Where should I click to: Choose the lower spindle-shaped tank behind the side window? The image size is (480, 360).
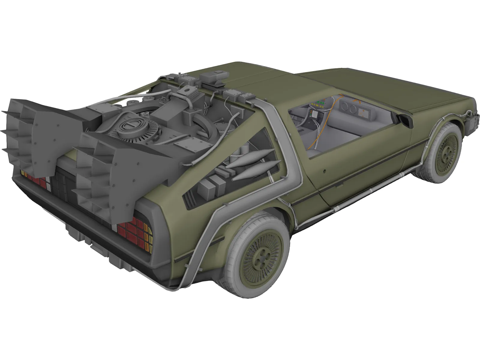(256, 171)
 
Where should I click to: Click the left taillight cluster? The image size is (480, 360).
(34, 180)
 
